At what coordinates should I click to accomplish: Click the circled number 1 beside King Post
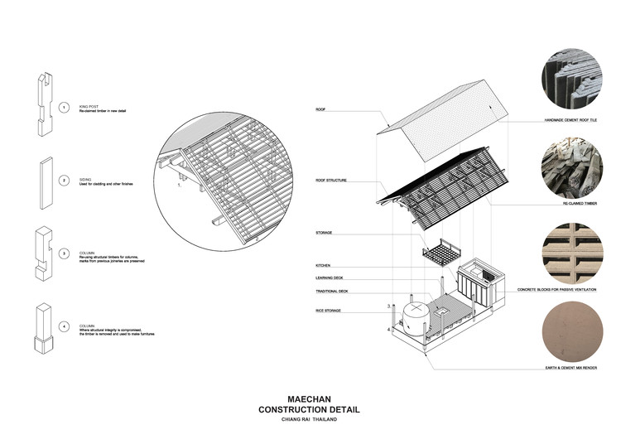[x=64, y=109]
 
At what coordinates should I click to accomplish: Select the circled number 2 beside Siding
[x=64, y=179]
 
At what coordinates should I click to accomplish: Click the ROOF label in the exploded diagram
[x=320, y=109]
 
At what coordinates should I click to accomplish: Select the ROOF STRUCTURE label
[x=330, y=180]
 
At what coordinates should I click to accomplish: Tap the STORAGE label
[x=324, y=233]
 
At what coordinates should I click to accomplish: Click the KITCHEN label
[x=323, y=265]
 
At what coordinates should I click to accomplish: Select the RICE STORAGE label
[x=329, y=311]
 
